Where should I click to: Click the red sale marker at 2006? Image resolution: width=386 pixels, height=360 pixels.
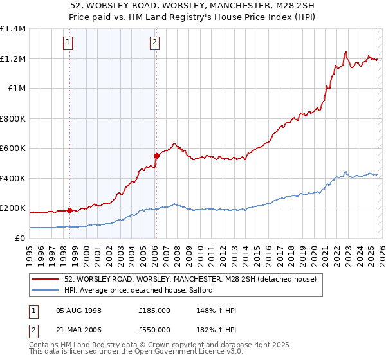point(156,155)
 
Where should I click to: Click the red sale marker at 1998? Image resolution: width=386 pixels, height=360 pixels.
point(69,210)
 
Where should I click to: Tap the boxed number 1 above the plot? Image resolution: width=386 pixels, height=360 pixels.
point(68,43)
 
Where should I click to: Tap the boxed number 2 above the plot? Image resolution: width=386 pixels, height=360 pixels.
point(155,43)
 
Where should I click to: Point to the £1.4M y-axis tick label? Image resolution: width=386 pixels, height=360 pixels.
point(13,29)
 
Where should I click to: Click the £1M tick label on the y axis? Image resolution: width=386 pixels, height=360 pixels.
point(16,89)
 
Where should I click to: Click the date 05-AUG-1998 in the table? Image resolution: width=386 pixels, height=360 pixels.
point(78,310)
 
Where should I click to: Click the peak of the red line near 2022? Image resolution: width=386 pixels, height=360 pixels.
point(346,52)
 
